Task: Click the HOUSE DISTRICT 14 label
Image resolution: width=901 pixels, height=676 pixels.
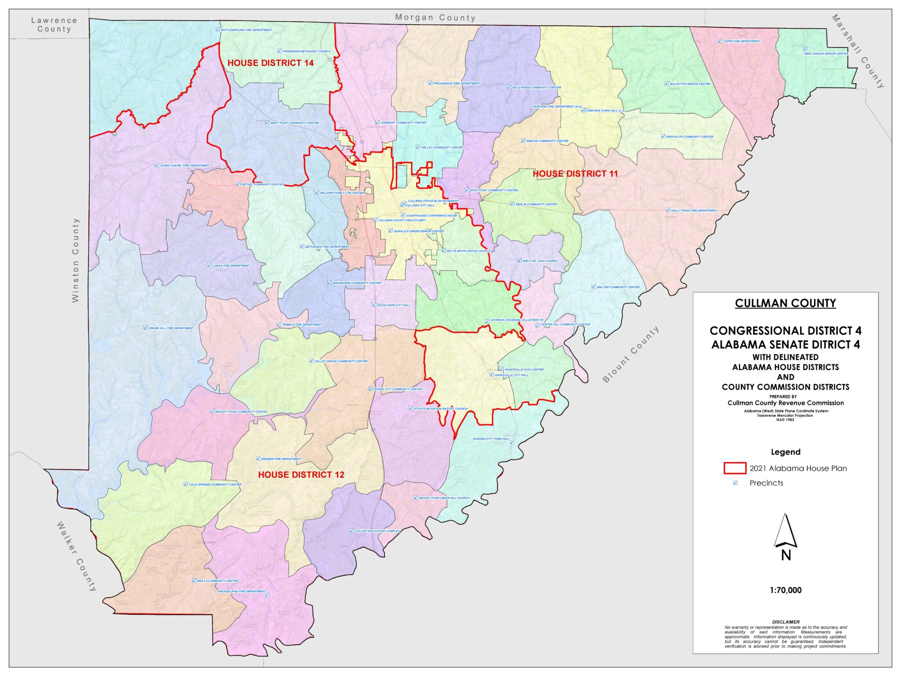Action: (270, 63)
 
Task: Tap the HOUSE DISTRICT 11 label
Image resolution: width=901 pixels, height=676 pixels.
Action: (575, 174)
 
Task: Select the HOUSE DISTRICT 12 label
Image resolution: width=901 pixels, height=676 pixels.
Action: (301, 474)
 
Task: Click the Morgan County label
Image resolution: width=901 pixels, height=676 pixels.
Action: (435, 18)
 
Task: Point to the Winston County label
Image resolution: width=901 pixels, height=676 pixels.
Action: (76, 260)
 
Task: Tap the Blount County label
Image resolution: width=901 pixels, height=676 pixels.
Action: (631, 354)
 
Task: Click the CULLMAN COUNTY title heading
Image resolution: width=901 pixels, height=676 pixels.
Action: (785, 303)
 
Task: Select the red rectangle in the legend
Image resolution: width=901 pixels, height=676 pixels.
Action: (735, 468)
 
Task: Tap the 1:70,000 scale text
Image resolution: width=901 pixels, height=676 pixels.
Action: (785, 590)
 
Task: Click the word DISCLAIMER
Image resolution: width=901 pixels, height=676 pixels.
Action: (785, 622)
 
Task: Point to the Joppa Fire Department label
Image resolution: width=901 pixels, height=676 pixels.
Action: (741, 41)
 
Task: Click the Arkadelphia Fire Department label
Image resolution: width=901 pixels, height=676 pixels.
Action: (242, 591)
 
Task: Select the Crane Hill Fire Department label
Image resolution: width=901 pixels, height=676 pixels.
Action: (171, 328)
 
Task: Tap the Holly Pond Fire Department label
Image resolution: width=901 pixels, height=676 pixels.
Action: (694, 210)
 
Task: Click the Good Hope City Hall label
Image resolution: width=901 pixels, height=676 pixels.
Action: (393, 305)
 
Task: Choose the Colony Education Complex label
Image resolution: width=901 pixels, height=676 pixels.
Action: (377, 531)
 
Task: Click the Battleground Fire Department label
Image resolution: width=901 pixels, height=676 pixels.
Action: (246, 30)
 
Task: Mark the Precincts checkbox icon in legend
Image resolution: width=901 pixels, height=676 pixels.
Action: (735, 483)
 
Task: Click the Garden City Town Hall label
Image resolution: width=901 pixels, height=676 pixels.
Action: (491, 439)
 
